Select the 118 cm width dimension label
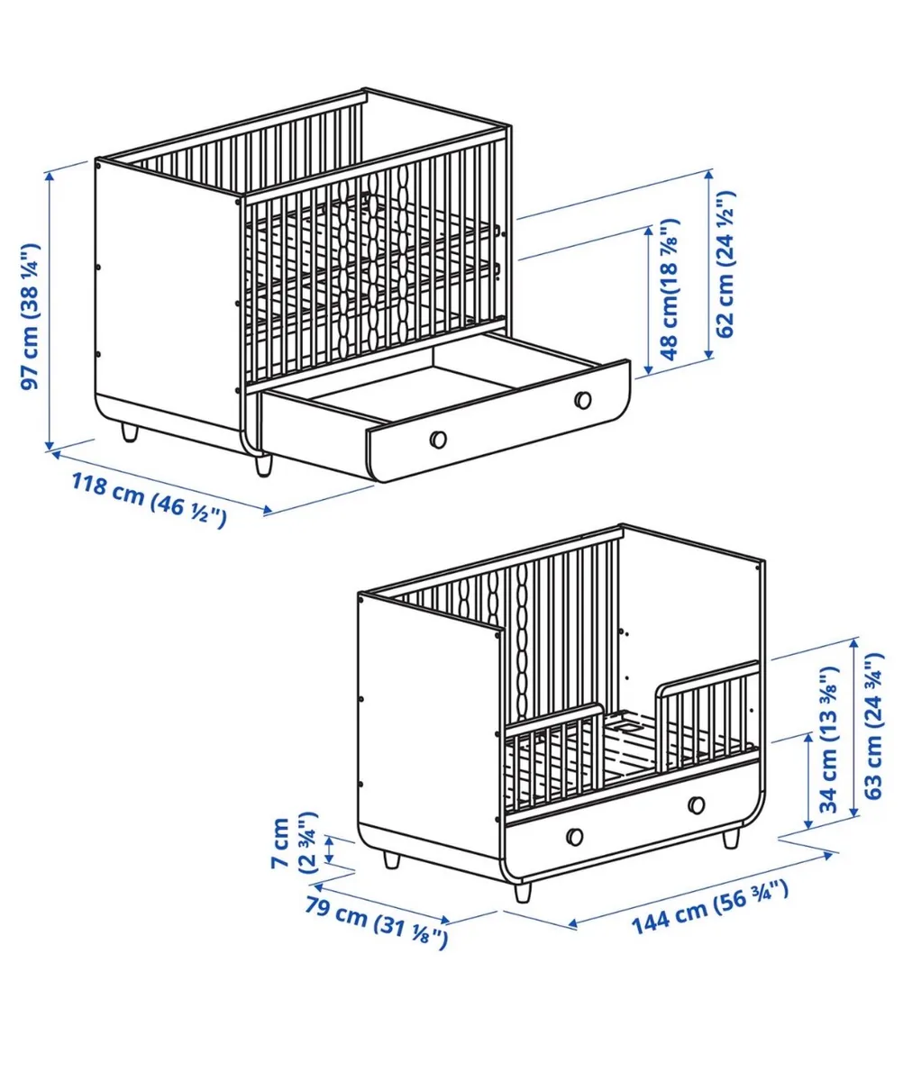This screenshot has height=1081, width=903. pyautogui.click(x=148, y=500)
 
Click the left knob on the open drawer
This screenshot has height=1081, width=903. pyautogui.click(x=438, y=439)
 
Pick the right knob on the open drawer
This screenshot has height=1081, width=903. pyautogui.click(x=583, y=399)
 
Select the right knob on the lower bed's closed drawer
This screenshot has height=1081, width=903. pyautogui.click(x=696, y=804)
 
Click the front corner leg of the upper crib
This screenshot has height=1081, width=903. pyautogui.click(x=262, y=464)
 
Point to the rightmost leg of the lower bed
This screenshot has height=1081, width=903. pyautogui.click(x=731, y=838)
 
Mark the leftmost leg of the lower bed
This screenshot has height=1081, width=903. pyautogui.click(x=391, y=859)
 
